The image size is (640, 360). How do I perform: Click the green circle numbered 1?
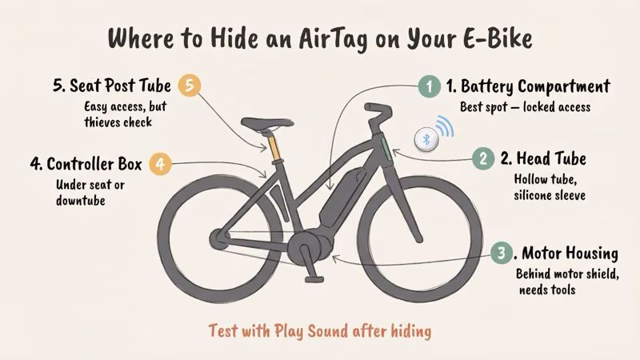(430, 86)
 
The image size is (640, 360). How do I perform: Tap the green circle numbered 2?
(482, 158)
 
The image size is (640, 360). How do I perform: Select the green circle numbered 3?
(501, 254)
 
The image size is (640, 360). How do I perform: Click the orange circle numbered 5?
(189, 86)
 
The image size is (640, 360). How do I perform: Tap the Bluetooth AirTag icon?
(426, 138)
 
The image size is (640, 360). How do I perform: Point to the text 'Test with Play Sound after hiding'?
(319, 330)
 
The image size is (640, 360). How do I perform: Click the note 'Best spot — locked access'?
(525, 106)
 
